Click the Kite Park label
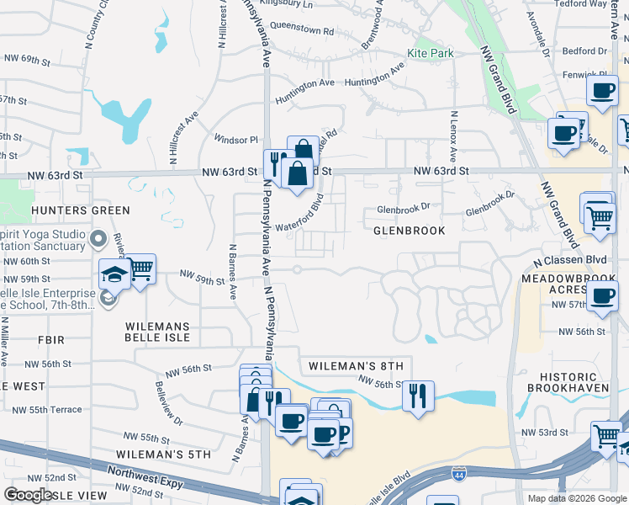pyautogui.click(x=430, y=53)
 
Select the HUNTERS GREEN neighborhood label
pyautogui.click(x=81, y=210)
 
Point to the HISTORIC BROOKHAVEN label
pyautogui.click(x=563, y=381)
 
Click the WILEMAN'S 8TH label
pyautogui.click(x=356, y=366)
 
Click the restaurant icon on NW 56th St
pyautogui.click(x=418, y=394)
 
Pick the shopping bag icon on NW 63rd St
pyautogui.click(x=298, y=173)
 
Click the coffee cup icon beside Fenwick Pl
pyautogui.click(x=602, y=91)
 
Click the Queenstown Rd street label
pyautogui.click(x=302, y=30)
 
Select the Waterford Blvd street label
pyautogui.click(x=299, y=214)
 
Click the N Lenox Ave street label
pyautogui.click(x=453, y=136)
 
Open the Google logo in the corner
pyautogui.click(x=29, y=495)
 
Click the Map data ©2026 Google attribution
pyautogui.click(x=576, y=497)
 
